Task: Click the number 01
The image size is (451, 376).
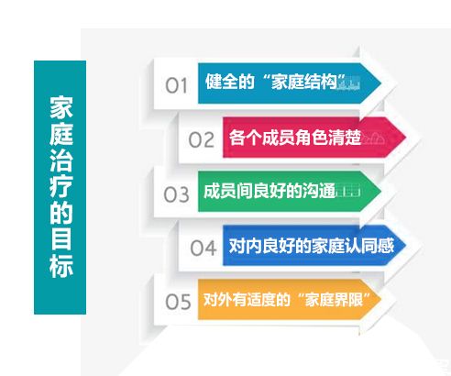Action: [176, 85]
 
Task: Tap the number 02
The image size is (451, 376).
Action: [202, 140]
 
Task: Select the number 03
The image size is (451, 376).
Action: [176, 194]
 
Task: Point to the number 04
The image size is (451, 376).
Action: [203, 248]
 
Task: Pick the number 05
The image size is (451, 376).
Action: [178, 302]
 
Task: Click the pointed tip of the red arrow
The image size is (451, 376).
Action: [406, 138]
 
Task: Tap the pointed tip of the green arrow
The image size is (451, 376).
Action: [381, 191]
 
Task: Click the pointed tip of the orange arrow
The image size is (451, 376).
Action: [381, 299]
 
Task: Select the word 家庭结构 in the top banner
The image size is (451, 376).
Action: [304, 82]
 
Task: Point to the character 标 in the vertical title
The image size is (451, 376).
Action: [61, 265]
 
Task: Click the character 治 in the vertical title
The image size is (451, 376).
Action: [61, 160]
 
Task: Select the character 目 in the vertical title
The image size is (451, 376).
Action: [61, 239]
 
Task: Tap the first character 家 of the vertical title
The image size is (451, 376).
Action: [61, 108]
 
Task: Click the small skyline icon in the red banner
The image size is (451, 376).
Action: [372, 139]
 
